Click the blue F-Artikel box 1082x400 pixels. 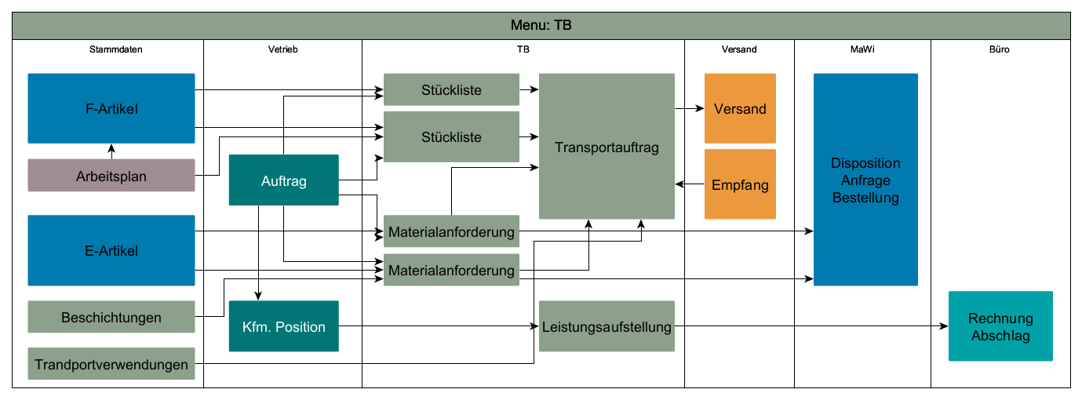point(111,108)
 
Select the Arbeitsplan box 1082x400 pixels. point(111,176)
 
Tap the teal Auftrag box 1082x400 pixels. point(283,180)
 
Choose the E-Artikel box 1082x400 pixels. point(111,250)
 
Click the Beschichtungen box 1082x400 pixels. point(111,317)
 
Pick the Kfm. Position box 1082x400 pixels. point(283,326)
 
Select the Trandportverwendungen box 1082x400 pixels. point(111,364)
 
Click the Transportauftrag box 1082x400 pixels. point(607,147)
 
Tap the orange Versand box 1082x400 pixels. point(740,109)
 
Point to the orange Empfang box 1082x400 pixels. point(740,185)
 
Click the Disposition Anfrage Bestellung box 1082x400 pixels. point(865,180)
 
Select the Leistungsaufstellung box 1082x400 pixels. point(607,326)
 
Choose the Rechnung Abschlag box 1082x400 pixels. point(1000,326)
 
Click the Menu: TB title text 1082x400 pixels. point(541,25)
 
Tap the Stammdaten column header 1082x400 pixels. point(116,49)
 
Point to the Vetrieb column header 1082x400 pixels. point(282,49)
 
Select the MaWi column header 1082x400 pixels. point(862,49)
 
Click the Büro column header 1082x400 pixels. point(1000,49)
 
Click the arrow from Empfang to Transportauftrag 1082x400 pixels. point(690,184)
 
